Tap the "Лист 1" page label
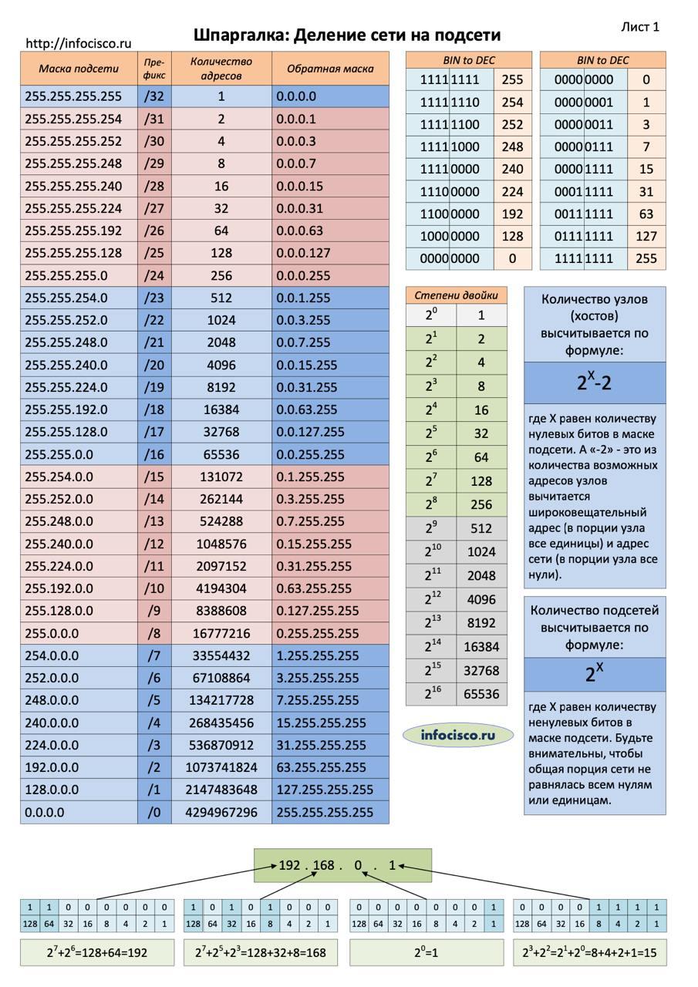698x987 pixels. click(639, 27)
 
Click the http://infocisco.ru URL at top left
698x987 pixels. click(79, 44)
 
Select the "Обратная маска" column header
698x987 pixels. click(330, 69)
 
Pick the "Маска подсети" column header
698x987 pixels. click(79, 69)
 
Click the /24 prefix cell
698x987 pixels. click(154, 275)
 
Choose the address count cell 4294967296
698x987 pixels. click(221, 812)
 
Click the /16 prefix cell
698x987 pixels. click(154, 454)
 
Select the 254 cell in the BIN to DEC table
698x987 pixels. click(512, 102)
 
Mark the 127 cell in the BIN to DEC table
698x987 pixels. click(646, 236)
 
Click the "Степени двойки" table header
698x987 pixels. click(457, 295)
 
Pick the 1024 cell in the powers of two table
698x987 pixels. click(481, 552)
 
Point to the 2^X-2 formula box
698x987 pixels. click(595, 382)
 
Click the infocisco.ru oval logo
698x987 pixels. click(458, 735)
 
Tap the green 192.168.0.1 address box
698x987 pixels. click(342, 865)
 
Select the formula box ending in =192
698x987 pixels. click(96, 952)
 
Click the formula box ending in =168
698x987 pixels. click(261, 952)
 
